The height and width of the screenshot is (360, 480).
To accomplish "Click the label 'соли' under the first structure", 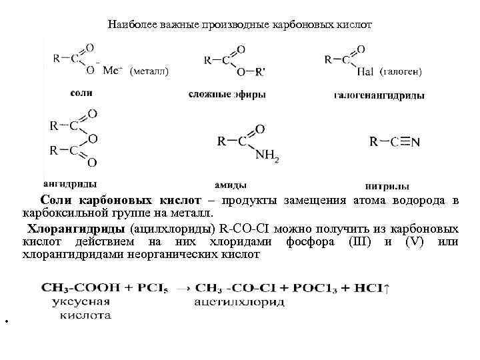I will point(81,93).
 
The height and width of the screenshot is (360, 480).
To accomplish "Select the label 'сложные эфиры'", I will point(227,95).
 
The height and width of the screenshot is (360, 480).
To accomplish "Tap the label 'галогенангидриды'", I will point(379,95).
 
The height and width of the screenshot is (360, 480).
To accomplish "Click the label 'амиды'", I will point(231,185).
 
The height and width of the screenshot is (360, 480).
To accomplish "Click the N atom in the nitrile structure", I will point(415,142).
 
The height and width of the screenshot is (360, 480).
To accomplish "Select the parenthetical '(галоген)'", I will point(403,71).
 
